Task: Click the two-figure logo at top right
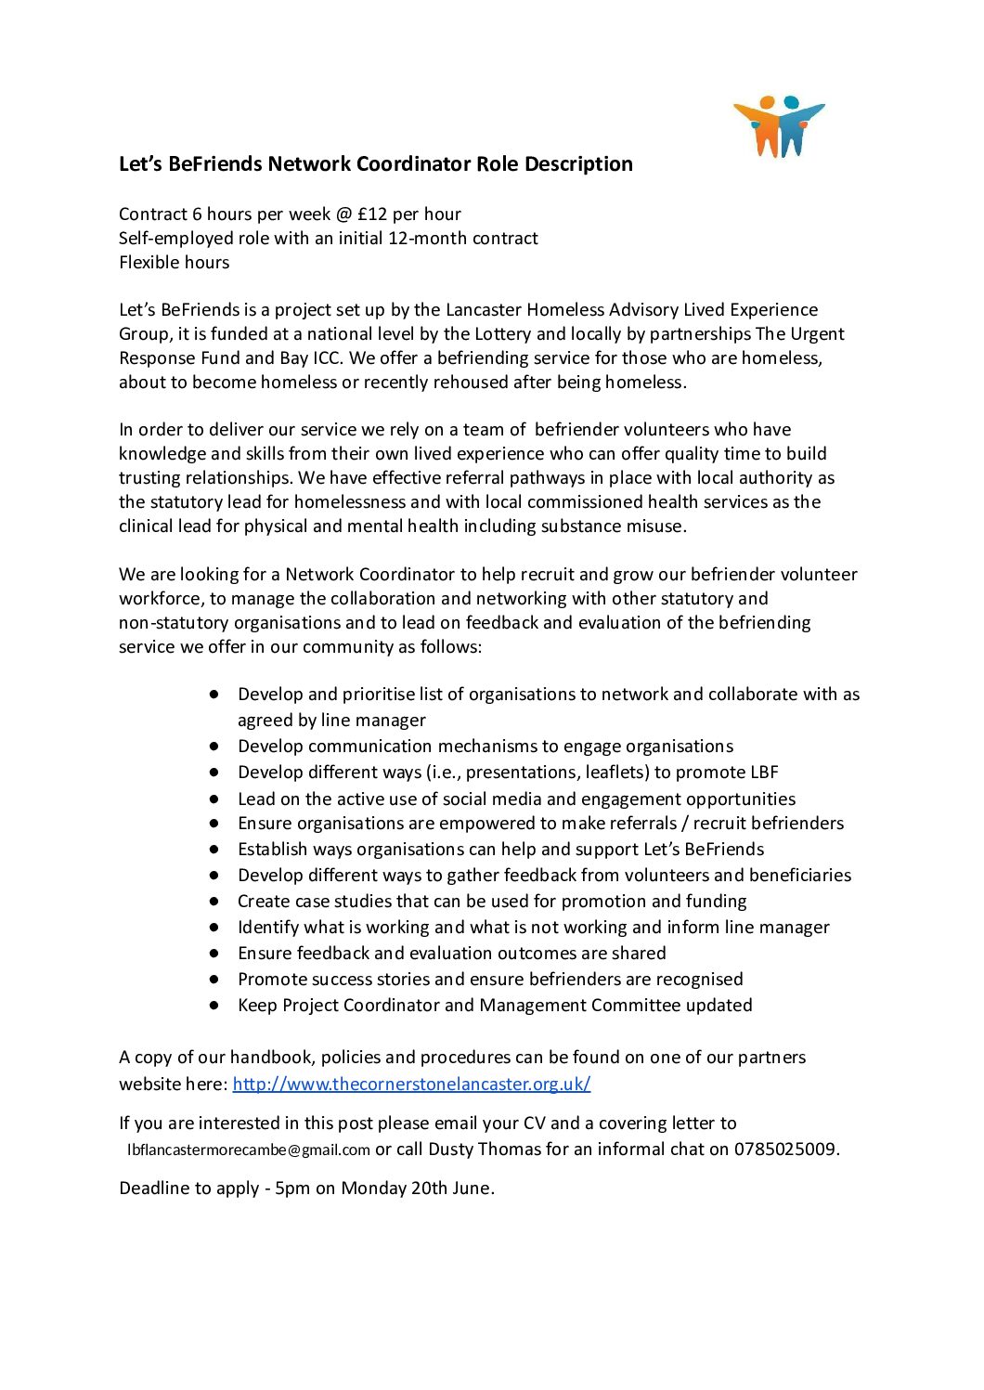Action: pyautogui.click(x=779, y=126)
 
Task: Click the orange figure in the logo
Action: pyautogui.click(x=763, y=127)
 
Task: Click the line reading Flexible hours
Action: pyautogui.click(x=174, y=263)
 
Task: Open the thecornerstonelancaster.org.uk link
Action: pyautogui.click(x=411, y=1084)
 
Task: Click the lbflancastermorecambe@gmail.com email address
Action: pyautogui.click(x=249, y=1150)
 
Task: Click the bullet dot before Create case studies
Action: pyautogui.click(x=214, y=901)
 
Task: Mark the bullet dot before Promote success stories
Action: pyautogui.click(x=214, y=979)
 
